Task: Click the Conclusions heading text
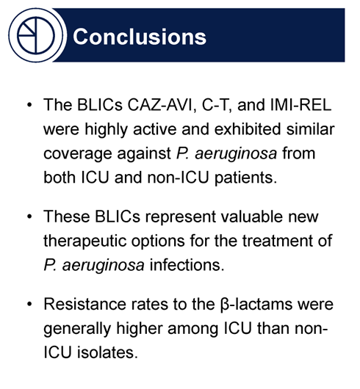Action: point(140,35)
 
